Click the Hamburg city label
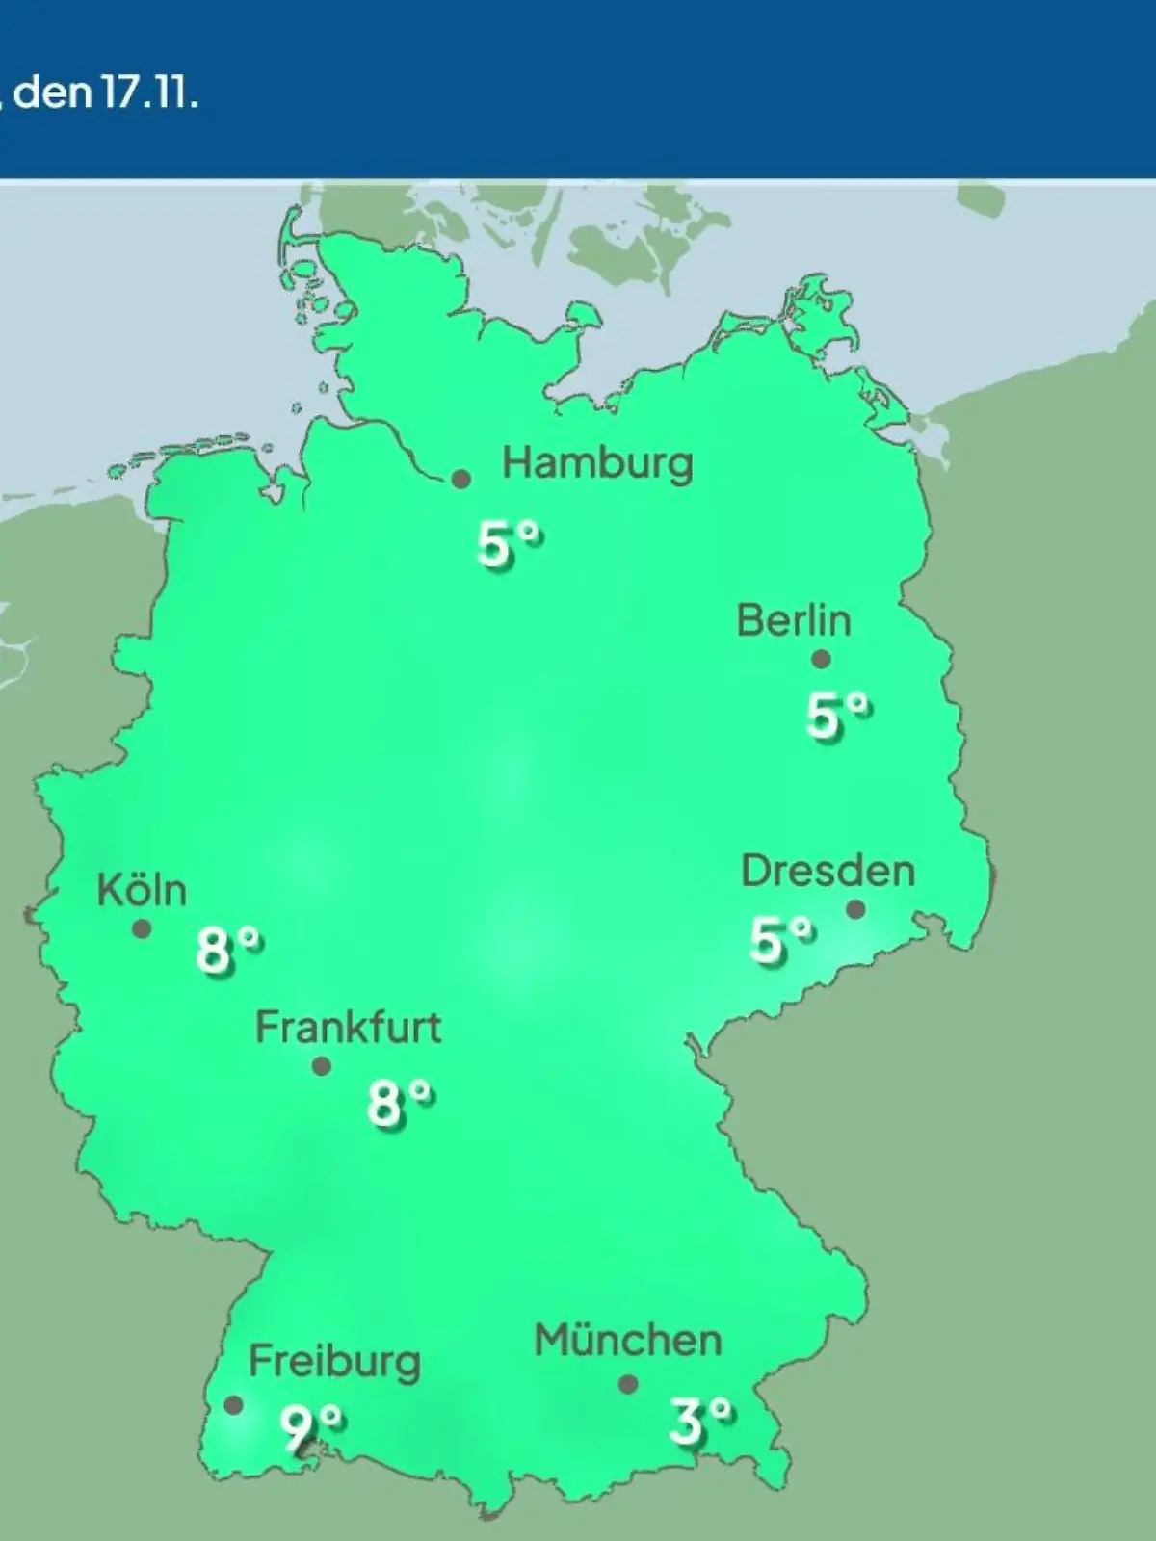pos(597,464)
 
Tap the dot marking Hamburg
pos(461,479)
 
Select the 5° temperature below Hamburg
pos(509,544)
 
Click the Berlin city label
pos(794,620)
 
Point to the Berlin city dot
pos(821,660)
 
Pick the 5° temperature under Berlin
pos(838,716)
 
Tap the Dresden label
pos(828,872)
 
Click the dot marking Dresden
pos(854,909)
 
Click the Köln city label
pos(142,891)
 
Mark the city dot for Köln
pos(142,929)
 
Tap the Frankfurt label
pos(348,1029)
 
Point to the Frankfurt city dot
pos(322,1066)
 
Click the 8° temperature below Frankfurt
pos(400,1103)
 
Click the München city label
pos(628,1341)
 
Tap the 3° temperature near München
pos(700,1421)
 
